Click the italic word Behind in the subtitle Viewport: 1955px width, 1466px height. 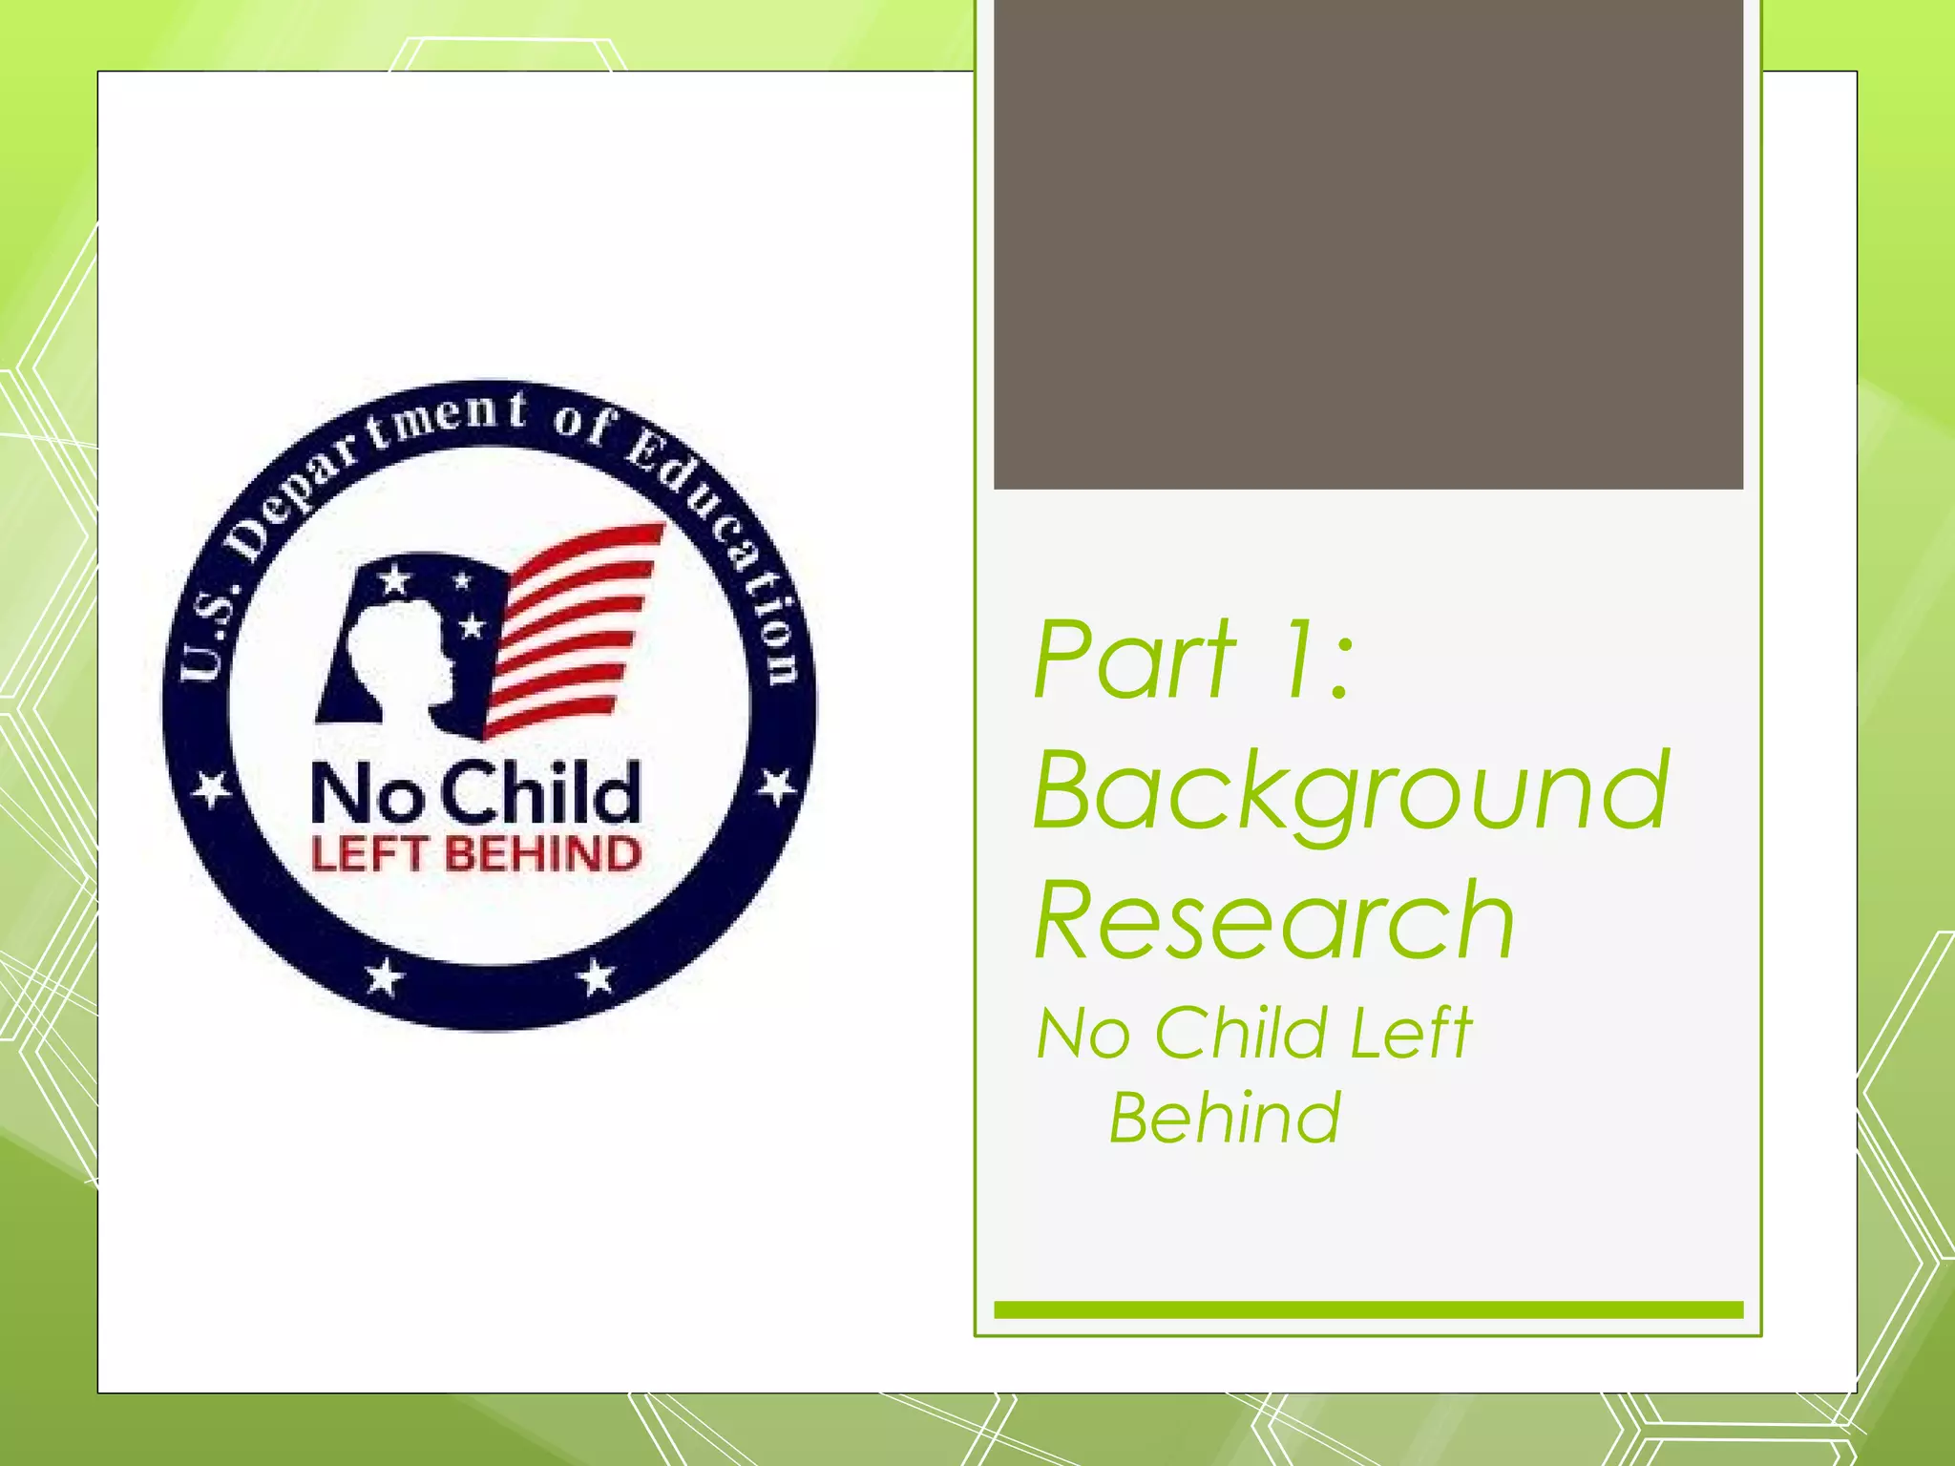pyautogui.click(x=1225, y=1118)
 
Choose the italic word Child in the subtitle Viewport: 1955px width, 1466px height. pyautogui.click(x=1240, y=1033)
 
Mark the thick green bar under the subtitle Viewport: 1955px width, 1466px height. pyautogui.click(x=1368, y=1309)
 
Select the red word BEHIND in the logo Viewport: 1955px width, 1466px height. pyautogui.click(x=542, y=854)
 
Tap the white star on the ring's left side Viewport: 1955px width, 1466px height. pyautogui.click(x=211, y=790)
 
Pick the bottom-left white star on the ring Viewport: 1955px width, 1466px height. pyautogui.click(x=384, y=977)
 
